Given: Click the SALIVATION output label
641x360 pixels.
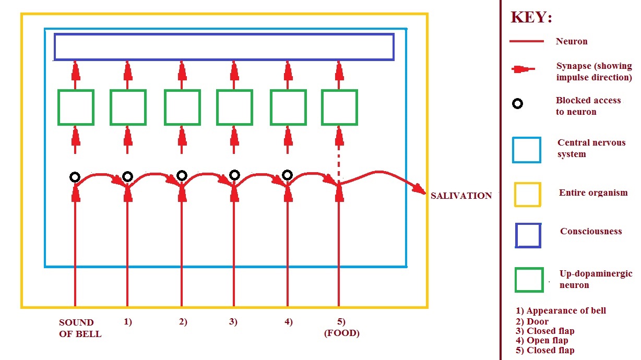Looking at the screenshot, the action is (x=461, y=196).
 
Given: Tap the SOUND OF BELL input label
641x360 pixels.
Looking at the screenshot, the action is (x=80, y=328).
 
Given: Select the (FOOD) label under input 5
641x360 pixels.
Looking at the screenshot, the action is (x=342, y=333).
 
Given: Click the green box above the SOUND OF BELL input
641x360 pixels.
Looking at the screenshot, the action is (x=76, y=90).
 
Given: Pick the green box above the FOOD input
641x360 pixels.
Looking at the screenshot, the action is (x=339, y=90).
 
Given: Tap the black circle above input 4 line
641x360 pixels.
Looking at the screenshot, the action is (x=287, y=171).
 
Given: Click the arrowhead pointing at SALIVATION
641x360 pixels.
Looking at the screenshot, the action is (x=420, y=189).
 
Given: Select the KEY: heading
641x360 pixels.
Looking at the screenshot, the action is (x=531, y=17).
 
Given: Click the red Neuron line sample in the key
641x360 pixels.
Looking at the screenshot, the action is (x=527, y=41).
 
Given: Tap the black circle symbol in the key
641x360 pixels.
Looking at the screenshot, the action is (x=517, y=100).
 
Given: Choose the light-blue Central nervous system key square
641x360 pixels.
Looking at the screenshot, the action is (x=527, y=138).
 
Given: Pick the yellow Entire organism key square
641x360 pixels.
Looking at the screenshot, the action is (x=528, y=183).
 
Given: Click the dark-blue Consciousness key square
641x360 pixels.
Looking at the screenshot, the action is (x=528, y=224).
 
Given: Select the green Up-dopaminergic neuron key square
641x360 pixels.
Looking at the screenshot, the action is (x=529, y=269).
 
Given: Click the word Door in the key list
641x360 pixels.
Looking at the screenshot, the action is (x=538, y=321).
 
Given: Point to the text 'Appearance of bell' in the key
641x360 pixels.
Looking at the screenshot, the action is (x=566, y=310).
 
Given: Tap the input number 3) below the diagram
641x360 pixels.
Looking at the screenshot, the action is (x=233, y=322).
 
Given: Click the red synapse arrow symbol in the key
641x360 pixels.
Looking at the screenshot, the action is (x=523, y=69).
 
